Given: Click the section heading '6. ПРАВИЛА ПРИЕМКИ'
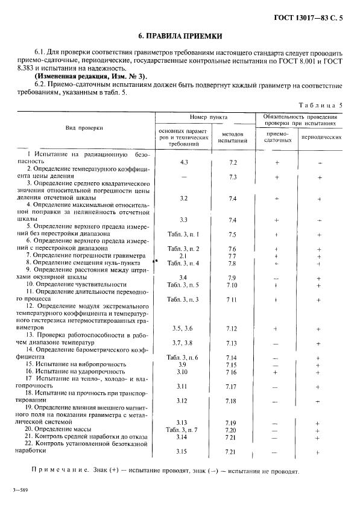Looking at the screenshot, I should (x=180, y=36).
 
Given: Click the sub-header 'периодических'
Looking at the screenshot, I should (x=318, y=138).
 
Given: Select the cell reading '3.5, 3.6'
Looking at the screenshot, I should (x=183, y=328).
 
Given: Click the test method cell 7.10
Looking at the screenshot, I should (x=232, y=284).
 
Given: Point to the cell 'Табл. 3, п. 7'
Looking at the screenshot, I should (x=183, y=430).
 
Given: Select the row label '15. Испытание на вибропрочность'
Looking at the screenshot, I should (x=75, y=365).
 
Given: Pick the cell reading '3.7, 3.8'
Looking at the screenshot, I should (x=183, y=343).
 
